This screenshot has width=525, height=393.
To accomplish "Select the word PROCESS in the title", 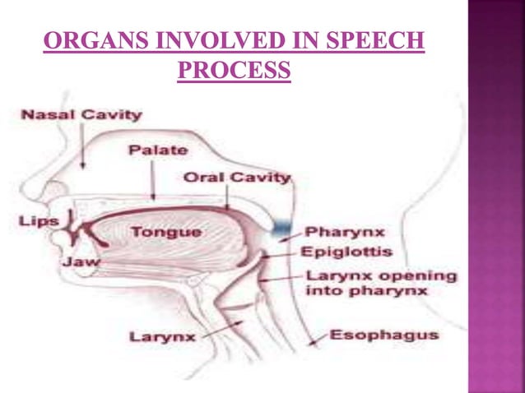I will pos(235,71).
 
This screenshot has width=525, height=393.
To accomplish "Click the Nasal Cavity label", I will pos(81,115).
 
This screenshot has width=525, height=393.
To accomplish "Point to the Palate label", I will pos(157,150).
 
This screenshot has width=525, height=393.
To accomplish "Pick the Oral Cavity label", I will pos(237,177).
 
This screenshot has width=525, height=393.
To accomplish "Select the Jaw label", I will pos(80,261).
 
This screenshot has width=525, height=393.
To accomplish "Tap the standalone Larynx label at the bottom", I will pos(163,337).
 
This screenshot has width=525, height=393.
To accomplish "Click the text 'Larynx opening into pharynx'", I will pos(379,283).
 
